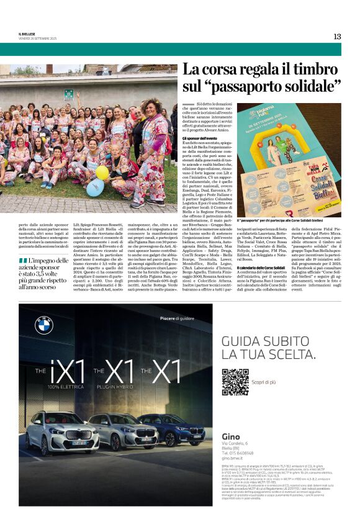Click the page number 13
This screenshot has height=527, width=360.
[337, 37]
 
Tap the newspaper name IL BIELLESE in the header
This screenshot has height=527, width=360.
[28, 34]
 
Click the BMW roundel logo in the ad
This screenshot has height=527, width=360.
[44, 325]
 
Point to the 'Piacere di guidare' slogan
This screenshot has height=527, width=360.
[177, 318]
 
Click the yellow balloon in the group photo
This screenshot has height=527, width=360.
[102, 172]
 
